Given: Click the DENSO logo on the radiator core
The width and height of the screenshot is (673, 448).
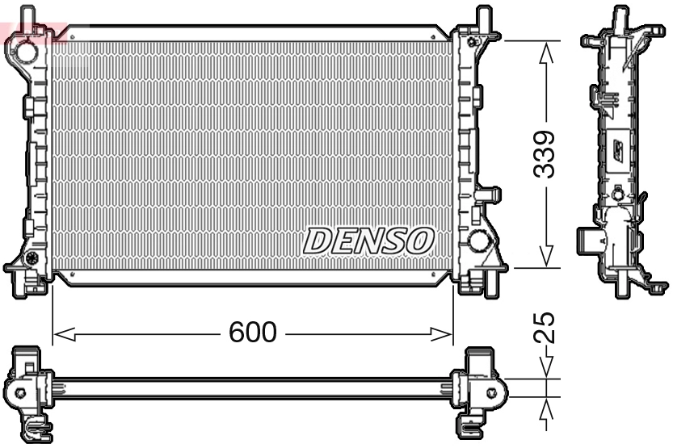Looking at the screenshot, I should point(368,240).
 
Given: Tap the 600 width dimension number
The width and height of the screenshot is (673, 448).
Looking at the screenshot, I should point(252,332).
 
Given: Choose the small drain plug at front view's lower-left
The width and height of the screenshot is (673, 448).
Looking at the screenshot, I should point(33,259).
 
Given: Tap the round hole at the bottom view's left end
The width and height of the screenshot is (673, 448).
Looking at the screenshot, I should point(21,393).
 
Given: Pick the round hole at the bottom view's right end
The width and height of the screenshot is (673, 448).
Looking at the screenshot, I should point(490,393).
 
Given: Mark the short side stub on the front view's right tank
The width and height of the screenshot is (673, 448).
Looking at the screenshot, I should point(487,195).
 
